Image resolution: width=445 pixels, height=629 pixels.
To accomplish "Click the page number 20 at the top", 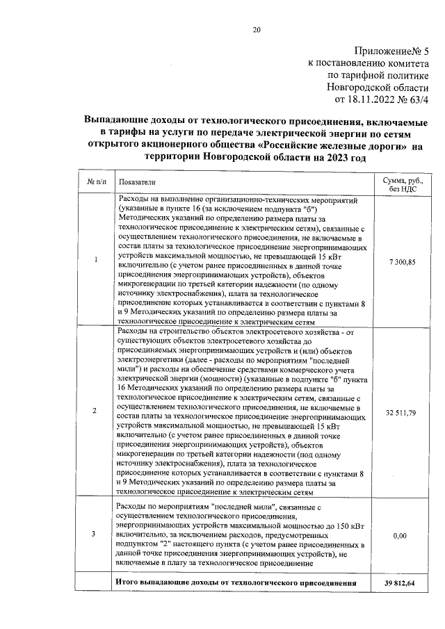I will [x=257, y=29].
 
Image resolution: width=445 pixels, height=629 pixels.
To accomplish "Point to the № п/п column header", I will [x=95, y=181].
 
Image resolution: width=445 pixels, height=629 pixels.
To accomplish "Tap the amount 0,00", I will [x=399, y=537].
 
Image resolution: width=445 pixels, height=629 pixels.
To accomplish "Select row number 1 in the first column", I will [x=95, y=261].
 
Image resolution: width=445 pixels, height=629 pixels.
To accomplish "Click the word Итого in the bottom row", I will [x=128, y=582].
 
